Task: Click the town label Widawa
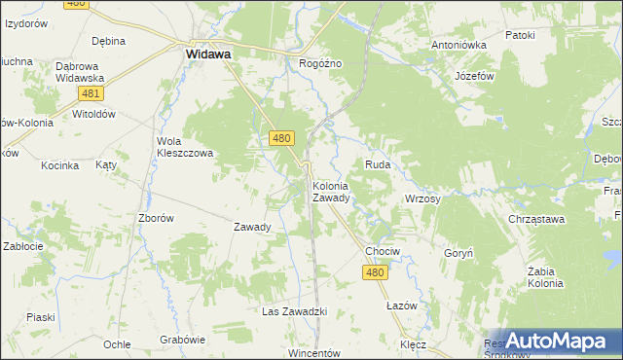pos(207,55)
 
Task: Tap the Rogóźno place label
pos(320,63)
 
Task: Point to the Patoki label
pos(521,35)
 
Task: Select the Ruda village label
pos(378,165)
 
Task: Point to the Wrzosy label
pos(422,198)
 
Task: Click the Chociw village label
pos(382,251)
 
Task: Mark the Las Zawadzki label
pos(293,311)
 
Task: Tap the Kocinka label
pos(59,165)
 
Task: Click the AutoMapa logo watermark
pos(554,341)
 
